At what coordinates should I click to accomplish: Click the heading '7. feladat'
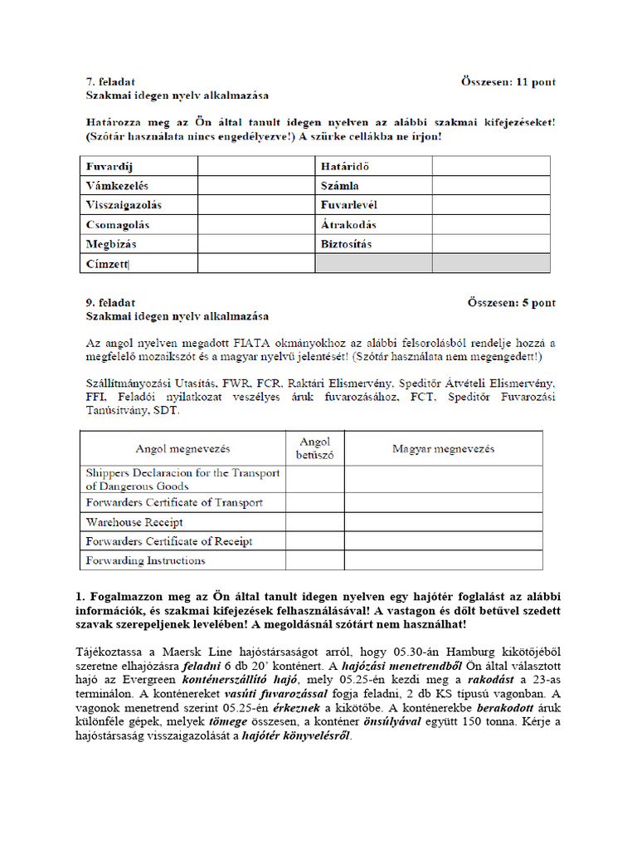click(112, 82)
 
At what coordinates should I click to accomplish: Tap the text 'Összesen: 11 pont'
click(508, 82)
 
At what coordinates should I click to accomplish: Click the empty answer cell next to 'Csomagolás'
click(255, 225)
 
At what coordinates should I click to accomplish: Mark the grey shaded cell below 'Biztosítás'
click(373, 264)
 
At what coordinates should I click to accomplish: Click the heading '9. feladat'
click(112, 303)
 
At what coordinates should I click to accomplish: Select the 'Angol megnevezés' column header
click(183, 449)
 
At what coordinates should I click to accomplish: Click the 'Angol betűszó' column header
click(314, 448)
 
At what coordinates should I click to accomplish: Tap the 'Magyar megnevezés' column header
click(443, 449)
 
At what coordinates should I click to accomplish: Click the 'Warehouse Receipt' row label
click(134, 522)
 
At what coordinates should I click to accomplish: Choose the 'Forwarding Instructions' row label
click(145, 560)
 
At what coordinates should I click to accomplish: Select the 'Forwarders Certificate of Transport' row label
click(174, 502)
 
